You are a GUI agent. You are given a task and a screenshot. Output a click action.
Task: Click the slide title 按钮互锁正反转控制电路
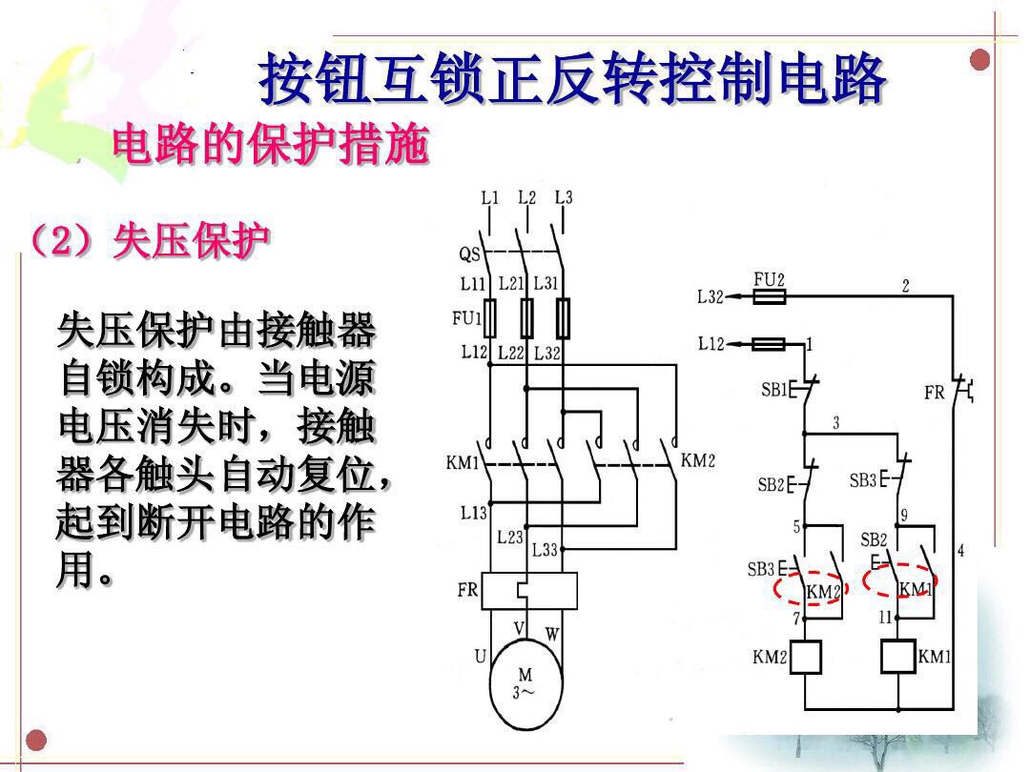coord(573,80)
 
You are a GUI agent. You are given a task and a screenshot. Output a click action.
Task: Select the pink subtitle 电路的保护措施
coord(270,146)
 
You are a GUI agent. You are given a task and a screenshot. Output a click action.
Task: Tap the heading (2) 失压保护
coord(150,241)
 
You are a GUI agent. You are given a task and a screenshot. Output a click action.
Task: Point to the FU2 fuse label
coord(769,279)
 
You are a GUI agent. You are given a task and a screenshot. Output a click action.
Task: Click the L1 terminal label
coord(489,198)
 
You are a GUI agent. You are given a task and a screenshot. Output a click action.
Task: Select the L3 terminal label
coord(563,198)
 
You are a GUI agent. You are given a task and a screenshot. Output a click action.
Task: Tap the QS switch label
coord(468,254)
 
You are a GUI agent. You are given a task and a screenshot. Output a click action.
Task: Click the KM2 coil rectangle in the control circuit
coord(805,656)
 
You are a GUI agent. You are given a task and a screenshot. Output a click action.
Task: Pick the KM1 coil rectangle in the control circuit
coord(898,656)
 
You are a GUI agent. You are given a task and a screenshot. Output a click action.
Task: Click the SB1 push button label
coord(773,390)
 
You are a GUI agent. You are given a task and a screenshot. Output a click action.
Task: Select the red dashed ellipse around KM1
coord(900,580)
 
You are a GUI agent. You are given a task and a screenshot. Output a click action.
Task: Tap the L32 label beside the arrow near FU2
coord(711,296)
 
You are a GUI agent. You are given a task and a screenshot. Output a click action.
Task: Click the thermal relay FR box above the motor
coord(529,591)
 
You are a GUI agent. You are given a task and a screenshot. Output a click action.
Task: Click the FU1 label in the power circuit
coord(466,317)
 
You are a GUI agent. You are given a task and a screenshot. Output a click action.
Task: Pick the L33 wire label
coord(545,550)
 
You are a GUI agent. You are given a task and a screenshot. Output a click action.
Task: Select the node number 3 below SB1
coord(835,422)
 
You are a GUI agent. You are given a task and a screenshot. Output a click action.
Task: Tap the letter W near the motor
coord(552,633)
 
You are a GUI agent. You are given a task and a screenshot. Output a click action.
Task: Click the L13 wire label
coord(473,513)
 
